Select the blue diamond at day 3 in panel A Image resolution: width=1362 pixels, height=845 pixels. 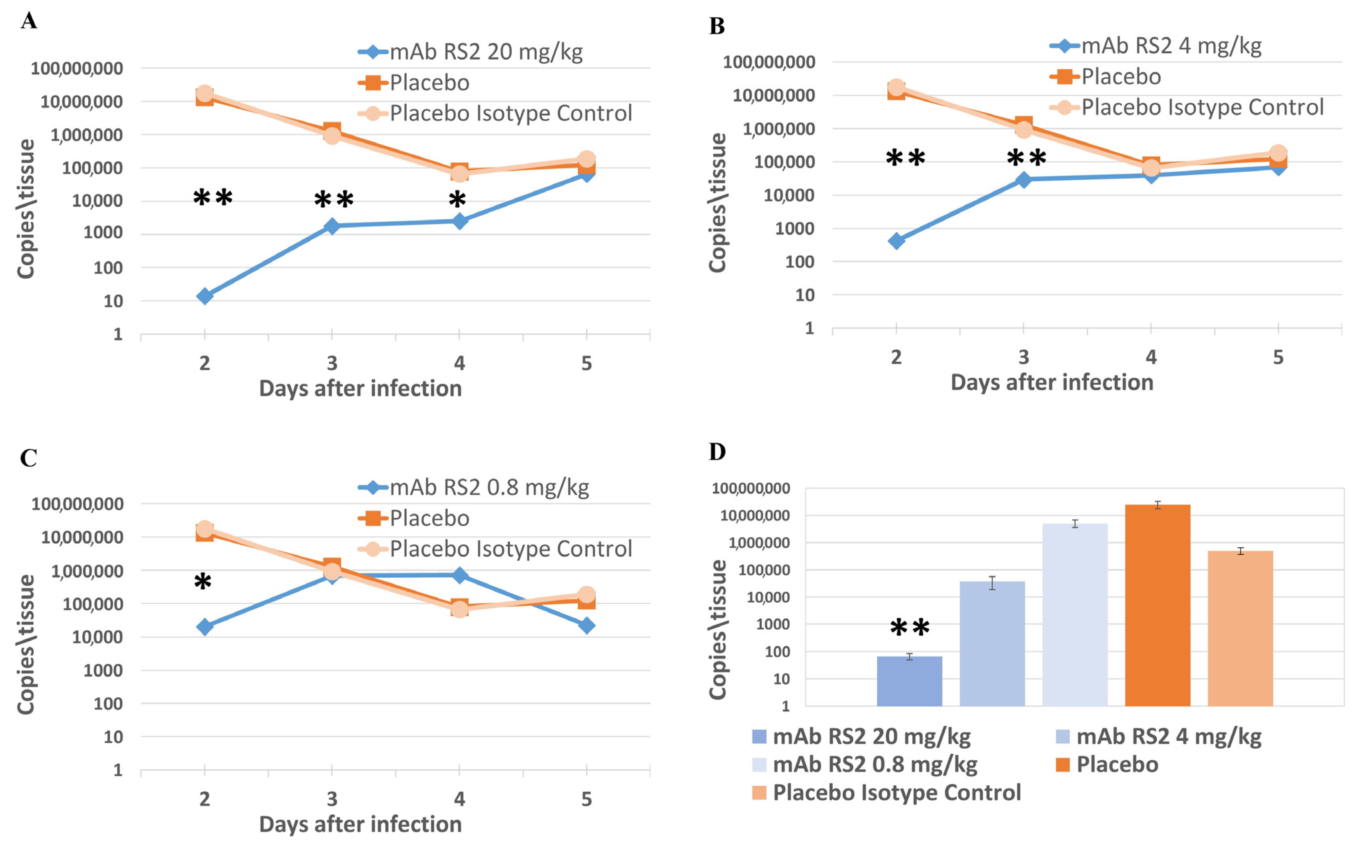[332, 226]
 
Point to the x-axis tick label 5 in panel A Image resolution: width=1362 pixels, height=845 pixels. [586, 364]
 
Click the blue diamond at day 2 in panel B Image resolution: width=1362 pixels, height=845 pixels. [896, 241]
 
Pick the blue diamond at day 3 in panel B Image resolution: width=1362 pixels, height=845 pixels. [1023, 179]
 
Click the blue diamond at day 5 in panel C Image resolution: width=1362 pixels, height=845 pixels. [586, 625]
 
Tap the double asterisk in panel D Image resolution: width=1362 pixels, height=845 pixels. [909, 628]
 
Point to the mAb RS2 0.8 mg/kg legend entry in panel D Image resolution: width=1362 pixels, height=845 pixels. [875, 764]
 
